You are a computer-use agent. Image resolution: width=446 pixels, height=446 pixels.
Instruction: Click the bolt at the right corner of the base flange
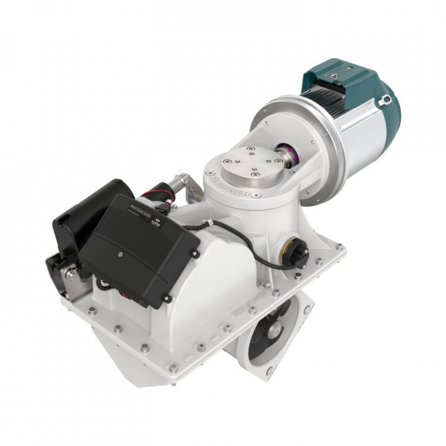[x=339, y=247]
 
